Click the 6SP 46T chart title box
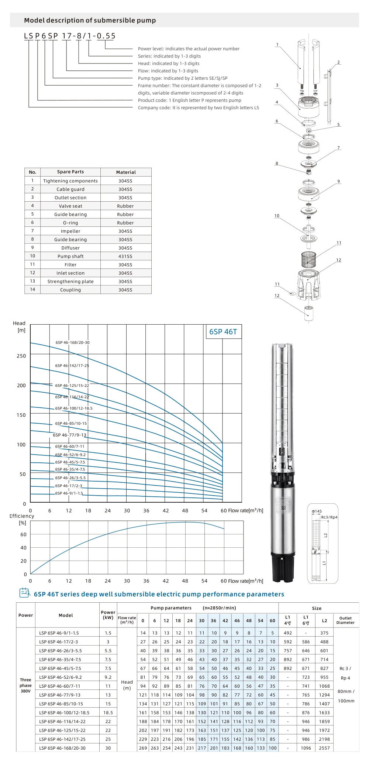pyautogui.click(x=223, y=332)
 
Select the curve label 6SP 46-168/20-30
pyautogui.click(x=73, y=342)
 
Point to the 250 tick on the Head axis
pyautogui.click(x=21, y=356)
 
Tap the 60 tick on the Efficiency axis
pyautogui.click(x=24, y=534)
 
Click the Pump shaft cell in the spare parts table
pyautogui.click(x=70, y=256)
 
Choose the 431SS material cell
pyautogui.click(x=125, y=256)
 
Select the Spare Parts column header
pyautogui.click(x=70, y=172)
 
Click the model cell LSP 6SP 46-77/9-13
pyautogui.click(x=60, y=695)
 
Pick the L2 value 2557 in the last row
pyautogui.click(x=324, y=748)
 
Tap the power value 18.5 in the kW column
pyautogui.click(x=108, y=712)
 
